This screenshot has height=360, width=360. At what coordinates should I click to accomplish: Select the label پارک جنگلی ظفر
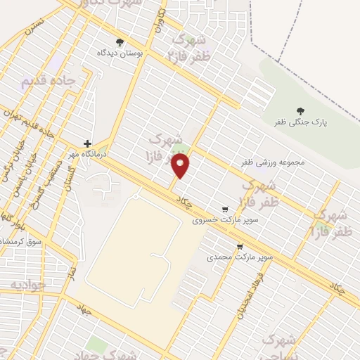300,122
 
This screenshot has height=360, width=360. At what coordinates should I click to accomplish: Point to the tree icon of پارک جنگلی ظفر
300,110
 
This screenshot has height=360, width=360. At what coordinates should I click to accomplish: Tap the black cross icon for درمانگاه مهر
87,143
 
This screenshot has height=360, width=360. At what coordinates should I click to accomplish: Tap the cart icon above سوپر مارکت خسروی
225,209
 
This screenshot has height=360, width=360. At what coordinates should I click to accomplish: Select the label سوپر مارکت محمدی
240,257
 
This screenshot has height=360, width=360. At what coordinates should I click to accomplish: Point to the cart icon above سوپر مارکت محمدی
240,247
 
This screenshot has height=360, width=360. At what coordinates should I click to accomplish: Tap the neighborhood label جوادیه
27,285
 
